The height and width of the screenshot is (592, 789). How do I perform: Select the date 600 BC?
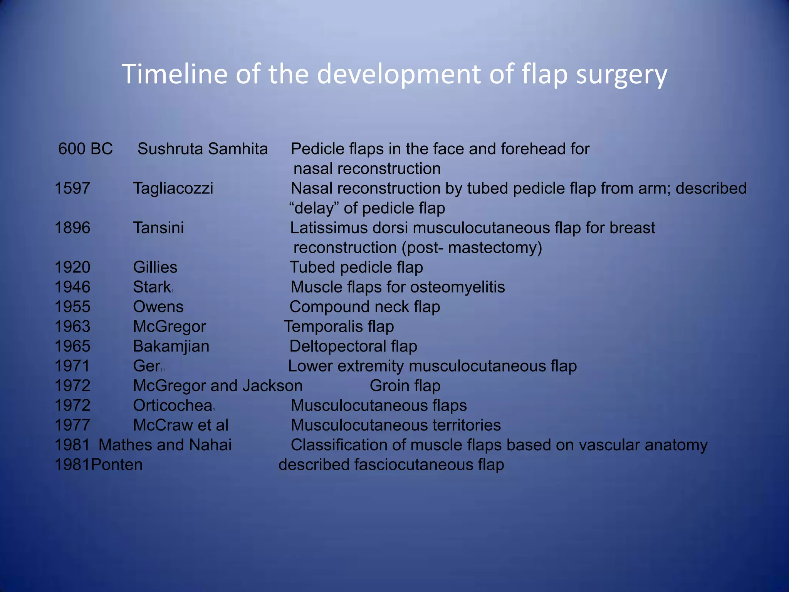[85, 149]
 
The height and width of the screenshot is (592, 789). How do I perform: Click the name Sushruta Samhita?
[202, 149]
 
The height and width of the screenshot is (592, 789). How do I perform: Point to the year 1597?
[72, 188]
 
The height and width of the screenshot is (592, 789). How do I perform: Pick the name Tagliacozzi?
[173, 188]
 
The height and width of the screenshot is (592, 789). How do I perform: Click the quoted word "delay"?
[314, 208]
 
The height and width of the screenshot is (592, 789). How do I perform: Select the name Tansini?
[158, 228]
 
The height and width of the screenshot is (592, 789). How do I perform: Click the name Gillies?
[155, 267]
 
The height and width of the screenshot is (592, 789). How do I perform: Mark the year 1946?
[72, 287]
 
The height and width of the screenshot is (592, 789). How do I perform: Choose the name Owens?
[158, 307]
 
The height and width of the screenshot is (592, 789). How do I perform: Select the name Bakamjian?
[171, 346]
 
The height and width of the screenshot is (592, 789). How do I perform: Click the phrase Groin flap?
[405, 386]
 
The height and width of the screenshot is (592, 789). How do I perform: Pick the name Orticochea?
[173, 405]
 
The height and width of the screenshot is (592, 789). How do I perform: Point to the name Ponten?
[117, 465]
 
